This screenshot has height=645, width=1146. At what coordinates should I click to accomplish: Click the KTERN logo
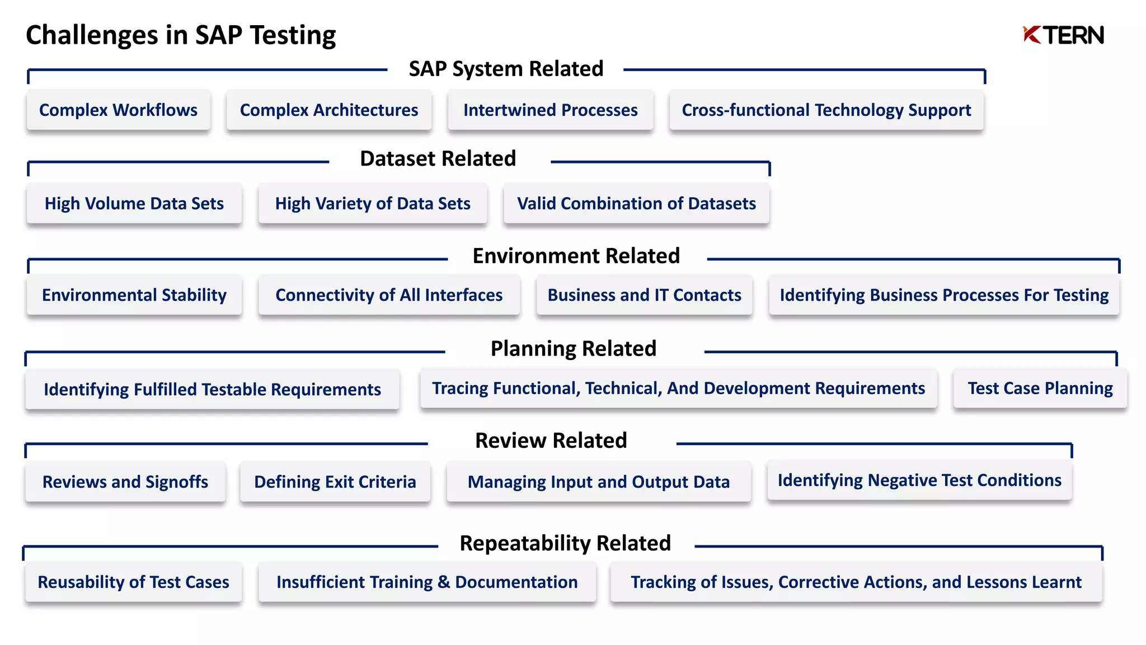point(1063,35)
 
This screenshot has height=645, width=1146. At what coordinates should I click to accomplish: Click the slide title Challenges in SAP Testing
point(181,35)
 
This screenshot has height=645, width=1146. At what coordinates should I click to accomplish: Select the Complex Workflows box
point(118,110)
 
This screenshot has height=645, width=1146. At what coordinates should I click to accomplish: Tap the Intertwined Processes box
point(550,110)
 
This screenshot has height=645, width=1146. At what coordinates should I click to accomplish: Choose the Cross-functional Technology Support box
point(826,110)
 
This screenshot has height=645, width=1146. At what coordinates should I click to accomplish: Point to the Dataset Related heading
point(438,159)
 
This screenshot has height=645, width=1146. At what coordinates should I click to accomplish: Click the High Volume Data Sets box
point(134,203)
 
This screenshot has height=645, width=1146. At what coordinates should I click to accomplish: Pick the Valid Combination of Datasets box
point(636,203)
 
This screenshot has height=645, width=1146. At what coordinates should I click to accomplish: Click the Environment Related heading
point(576,256)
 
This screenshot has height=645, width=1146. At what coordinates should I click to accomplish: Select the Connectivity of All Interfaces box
point(389,295)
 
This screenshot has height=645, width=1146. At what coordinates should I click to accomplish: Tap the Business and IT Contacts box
point(644,295)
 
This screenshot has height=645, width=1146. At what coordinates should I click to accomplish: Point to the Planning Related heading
point(573,349)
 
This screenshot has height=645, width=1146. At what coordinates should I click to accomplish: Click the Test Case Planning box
point(1040,388)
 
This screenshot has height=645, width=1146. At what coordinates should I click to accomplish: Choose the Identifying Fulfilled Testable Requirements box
point(212,389)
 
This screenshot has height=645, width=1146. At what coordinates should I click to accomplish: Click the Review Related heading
point(551,441)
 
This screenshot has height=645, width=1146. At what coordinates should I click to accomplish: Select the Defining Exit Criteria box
point(335,482)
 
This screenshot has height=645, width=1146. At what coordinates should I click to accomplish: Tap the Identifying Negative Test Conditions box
point(919,480)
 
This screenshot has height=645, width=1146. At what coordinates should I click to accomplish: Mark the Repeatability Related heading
point(565,543)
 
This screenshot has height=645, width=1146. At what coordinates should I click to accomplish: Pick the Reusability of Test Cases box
point(133,582)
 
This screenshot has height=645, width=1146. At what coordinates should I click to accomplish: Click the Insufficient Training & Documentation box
point(427,582)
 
